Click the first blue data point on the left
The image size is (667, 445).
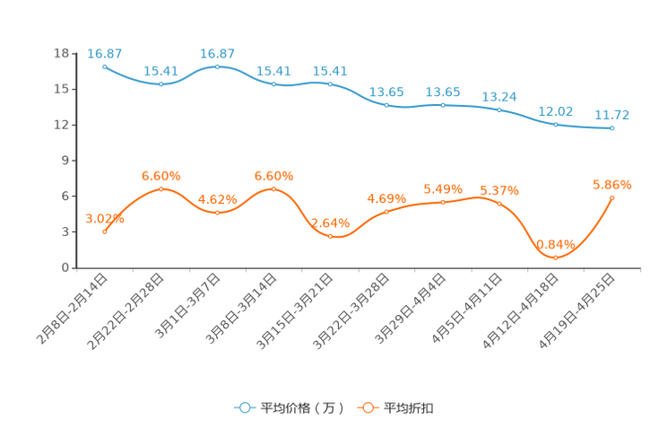pos(105,66)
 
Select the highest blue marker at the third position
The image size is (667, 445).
pos(218,66)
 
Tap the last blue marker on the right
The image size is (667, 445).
pos(612,129)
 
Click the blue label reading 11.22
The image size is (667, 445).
pos(612,115)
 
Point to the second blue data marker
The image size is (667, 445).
pos(161,84)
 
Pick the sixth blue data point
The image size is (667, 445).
pos(387,105)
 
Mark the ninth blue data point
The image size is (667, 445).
pos(556,125)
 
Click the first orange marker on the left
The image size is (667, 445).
pos(105,231)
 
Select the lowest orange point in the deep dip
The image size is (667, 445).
pos(556,258)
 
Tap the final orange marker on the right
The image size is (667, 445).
pos(612,197)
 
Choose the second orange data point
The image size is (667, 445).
pos(161,188)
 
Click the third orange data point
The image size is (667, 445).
pos(218,213)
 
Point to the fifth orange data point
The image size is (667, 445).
pos(331,237)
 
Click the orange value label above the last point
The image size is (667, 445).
pos(612,186)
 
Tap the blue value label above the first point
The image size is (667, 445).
pos(105,54)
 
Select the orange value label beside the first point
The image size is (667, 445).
pos(104,217)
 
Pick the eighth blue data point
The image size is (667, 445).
pos(499,109)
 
